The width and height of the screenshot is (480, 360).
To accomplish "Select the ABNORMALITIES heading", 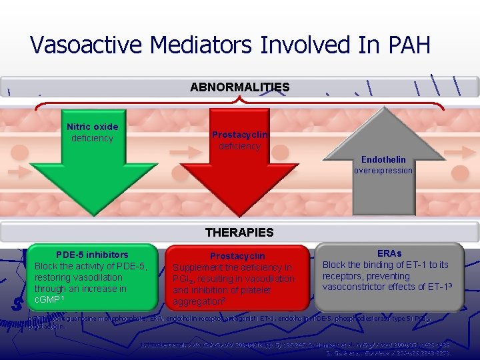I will coord(239,87).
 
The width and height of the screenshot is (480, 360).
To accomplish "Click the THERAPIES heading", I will coord(239,233).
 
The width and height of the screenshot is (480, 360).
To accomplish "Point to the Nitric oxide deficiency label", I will coord(93,132).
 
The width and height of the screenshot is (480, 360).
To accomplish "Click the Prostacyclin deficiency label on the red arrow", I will coord(240,140).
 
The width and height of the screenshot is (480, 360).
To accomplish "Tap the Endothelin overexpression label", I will coord(383,165).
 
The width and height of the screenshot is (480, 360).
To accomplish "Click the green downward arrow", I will coord(93,173).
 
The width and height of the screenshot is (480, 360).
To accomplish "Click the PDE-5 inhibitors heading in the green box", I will coord(92,255).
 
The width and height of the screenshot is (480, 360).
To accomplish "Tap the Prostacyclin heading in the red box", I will coord(237,256).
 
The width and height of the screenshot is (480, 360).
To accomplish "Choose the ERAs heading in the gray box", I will coord(389,254).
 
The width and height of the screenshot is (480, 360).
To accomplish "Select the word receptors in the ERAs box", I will coord(344,276).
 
